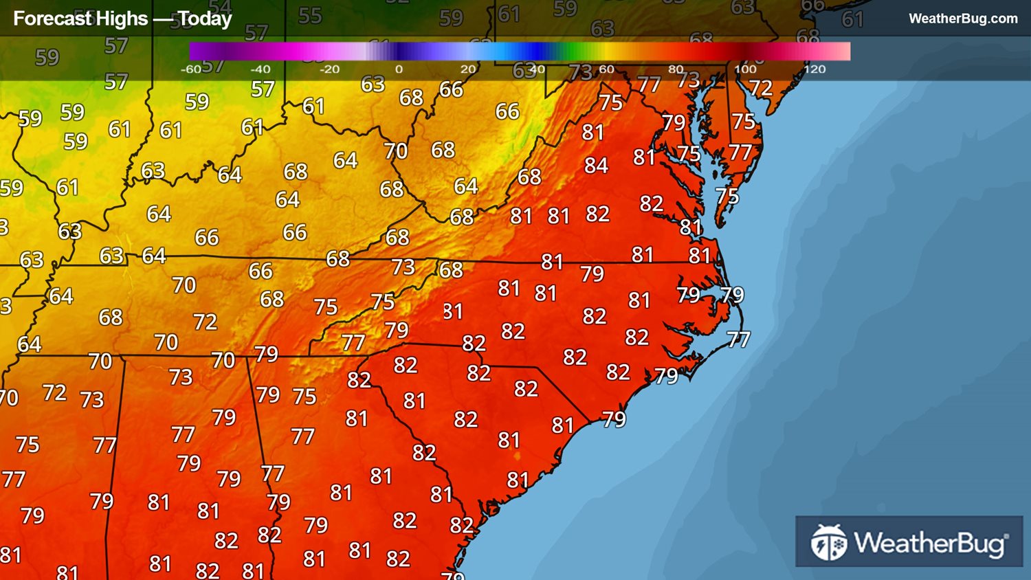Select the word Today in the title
coord(204,19)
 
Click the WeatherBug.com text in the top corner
coord(963,19)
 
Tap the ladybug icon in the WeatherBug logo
coord(828,542)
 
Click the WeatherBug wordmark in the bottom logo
coord(931,543)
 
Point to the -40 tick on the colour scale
coord(260,69)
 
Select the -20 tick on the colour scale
coord(329,69)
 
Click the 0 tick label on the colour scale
coord(399,69)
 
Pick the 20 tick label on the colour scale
coord(468,69)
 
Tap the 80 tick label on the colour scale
coord(676,69)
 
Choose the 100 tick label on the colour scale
coord(745,69)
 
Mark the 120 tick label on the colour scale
coord(814,69)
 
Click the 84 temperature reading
coord(596,166)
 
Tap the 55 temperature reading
coord(310,16)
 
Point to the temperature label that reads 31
coord(452,312)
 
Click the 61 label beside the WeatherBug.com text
coord(852,19)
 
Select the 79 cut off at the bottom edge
coord(452,575)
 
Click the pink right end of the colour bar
coord(843,52)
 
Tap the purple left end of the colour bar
coord(197,52)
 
